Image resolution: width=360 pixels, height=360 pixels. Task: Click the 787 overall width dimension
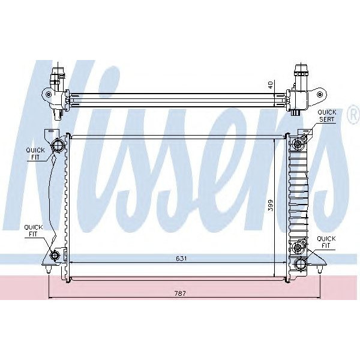click(181, 293)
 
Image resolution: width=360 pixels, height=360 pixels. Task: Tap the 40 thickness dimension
click(271, 85)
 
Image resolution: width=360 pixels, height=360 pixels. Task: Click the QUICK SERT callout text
click(326, 116)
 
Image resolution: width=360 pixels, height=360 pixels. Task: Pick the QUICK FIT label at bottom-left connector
click(32, 231)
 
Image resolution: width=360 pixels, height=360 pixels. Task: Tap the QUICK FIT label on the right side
click(326, 241)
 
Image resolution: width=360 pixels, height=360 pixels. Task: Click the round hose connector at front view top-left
click(58, 145)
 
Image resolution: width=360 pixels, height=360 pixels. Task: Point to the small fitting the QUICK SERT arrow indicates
click(303, 139)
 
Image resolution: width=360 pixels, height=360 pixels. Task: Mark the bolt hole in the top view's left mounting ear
click(46, 94)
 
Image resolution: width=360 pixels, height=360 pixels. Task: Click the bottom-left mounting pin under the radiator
click(48, 272)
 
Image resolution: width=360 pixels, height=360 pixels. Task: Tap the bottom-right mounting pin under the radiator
click(321, 272)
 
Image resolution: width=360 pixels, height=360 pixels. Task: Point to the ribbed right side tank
click(298, 192)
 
